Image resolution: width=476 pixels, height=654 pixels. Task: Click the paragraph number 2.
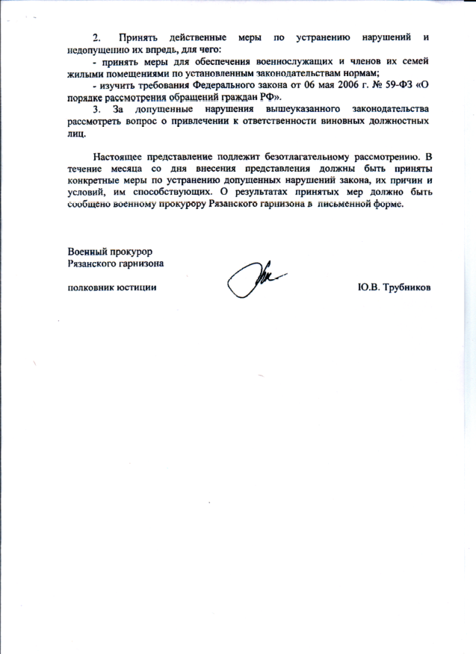click(x=96, y=37)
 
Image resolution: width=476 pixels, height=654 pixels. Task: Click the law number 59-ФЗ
click(x=381, y=86)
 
